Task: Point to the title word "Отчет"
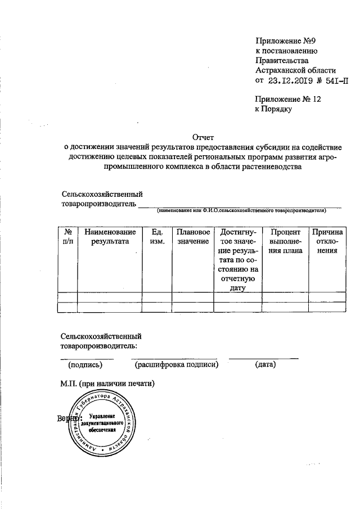tap(203, 137)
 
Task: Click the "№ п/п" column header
tap(67, 236)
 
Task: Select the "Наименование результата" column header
tap(110, 236)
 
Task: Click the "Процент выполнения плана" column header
tap(286, 241)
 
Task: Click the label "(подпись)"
tap(85, 365)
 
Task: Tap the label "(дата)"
tap(264, 365)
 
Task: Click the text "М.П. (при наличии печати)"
tap(107, 384)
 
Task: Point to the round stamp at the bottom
tap(101, 426)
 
